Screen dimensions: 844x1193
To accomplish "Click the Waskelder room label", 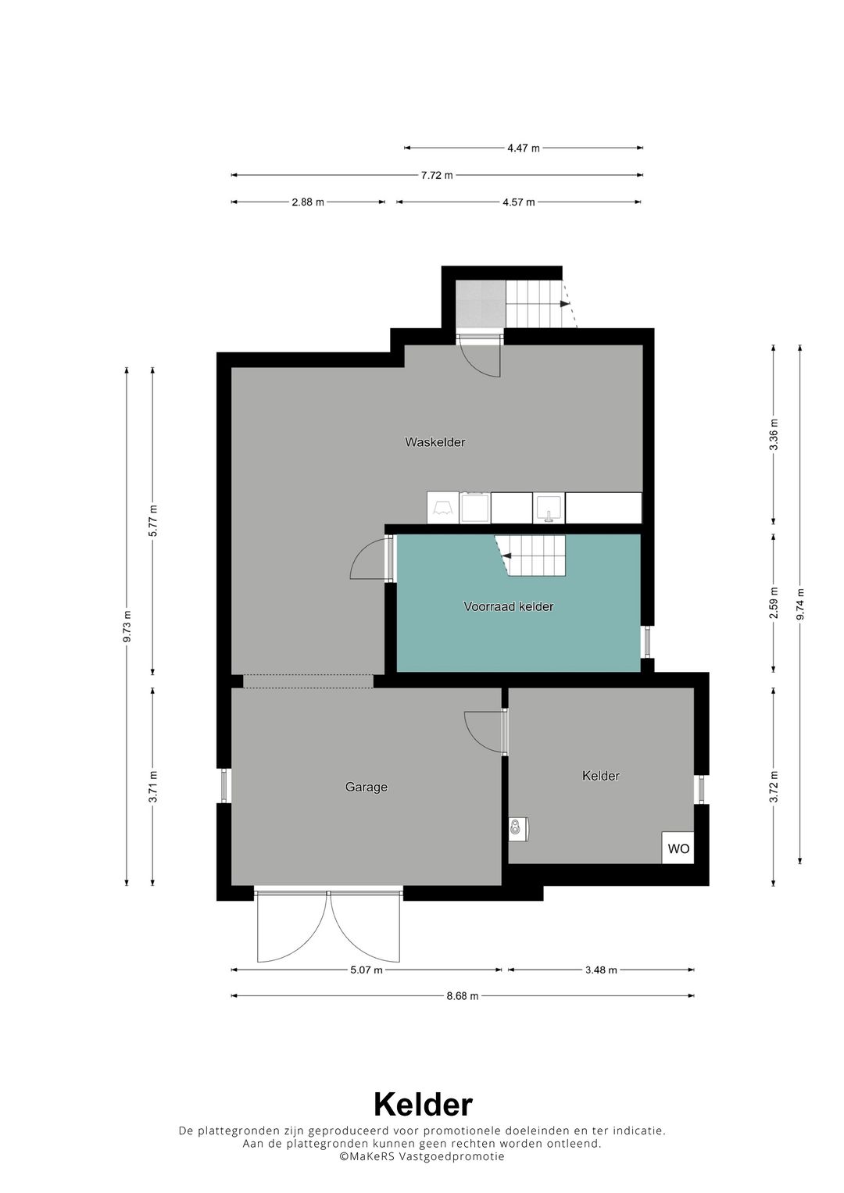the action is (435, 442).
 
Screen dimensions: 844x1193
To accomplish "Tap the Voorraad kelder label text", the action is (508, 606).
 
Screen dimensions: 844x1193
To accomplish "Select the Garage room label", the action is (366, 787).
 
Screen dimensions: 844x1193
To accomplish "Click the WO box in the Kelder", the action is (678, 848).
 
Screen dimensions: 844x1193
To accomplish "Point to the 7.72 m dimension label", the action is (436, 175).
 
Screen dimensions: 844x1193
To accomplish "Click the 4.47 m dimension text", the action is (524, 148).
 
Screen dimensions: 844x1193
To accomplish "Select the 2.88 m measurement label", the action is (307, 202).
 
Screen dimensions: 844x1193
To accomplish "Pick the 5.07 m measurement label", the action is (366, 970).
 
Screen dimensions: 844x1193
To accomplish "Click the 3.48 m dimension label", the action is (601, 970).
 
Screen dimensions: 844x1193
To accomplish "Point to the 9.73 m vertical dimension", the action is (127, 627).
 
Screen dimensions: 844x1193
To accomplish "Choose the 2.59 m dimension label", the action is (774, 602).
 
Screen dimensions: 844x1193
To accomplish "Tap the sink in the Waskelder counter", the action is (549, 508).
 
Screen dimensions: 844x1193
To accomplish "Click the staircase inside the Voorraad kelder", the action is (530, 555).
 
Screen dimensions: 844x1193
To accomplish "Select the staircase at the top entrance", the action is (541, 304).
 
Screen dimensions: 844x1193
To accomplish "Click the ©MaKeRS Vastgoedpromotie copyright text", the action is (421, 1156).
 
